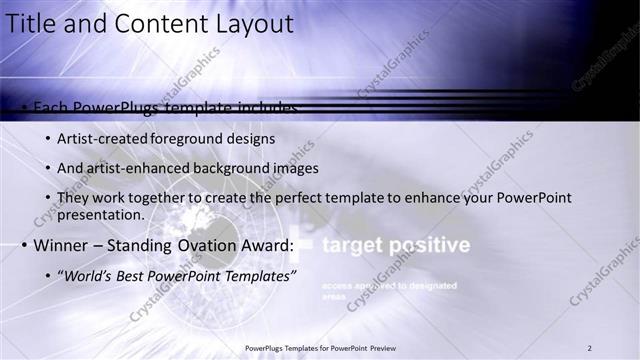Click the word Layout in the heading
click(x=253, y=23)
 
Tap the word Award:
click(x=267, y=245)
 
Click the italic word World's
click(x=91, y=275)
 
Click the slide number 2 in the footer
click(x=590, y=348)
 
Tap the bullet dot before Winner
click(x=23, y=246)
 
